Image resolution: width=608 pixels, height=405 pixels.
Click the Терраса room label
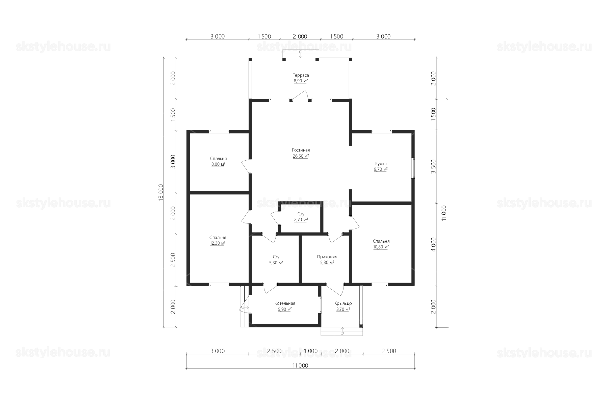301,75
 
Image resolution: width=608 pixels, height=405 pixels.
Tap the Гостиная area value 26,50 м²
301,156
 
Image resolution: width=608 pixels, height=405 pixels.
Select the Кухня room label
381,164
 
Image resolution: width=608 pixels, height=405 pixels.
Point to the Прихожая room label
327,257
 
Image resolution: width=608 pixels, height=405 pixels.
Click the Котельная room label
285,303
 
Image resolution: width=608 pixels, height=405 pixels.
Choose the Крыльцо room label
343,303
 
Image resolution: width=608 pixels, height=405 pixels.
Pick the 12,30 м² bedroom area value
218,243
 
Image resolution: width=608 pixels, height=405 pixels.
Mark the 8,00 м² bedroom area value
218,164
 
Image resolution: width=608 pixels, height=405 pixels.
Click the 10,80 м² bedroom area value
381,247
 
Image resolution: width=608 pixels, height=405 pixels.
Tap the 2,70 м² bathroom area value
301,220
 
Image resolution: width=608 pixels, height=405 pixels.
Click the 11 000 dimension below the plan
301,366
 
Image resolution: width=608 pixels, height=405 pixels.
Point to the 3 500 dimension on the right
434,166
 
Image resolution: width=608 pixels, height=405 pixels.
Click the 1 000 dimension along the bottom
311,351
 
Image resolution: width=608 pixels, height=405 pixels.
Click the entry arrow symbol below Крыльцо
342,331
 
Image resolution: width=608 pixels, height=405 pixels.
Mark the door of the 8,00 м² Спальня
246,166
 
